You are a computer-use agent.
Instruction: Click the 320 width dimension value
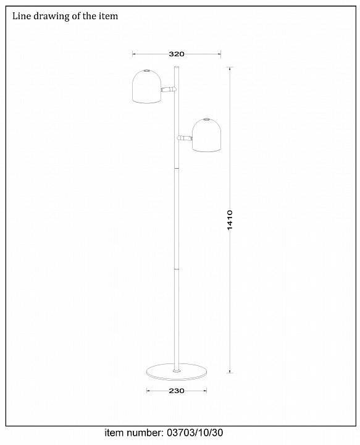177,54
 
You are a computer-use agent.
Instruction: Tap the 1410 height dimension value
230,220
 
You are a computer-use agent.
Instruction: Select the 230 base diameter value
177,391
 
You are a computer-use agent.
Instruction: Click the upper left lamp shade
147,87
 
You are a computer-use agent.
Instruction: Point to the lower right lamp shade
206,135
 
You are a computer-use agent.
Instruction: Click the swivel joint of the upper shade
169,90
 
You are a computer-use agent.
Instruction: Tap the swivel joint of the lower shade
185,138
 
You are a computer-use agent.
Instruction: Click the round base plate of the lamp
177,371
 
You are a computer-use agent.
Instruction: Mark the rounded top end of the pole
177,67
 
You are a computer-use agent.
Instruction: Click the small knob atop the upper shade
146,70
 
